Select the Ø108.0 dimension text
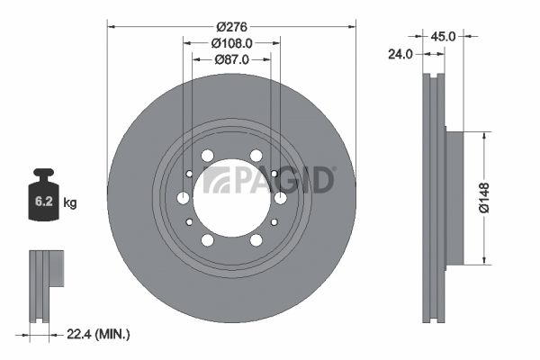[x=231, y=41]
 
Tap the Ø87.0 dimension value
[x=231, y=59]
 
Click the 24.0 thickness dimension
[x=400, y=54]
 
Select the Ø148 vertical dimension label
[x=485, y=198]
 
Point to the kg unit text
[x=71, y=203]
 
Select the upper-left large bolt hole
[x=208, y=156]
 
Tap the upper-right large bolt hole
[x=256, y=156]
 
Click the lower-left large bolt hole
[x=208, y=240]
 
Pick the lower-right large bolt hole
[x=256, y=240]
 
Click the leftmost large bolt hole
[x=184, y=198]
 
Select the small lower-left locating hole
[x=189, y=221]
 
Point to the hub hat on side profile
[x=454, y=198]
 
